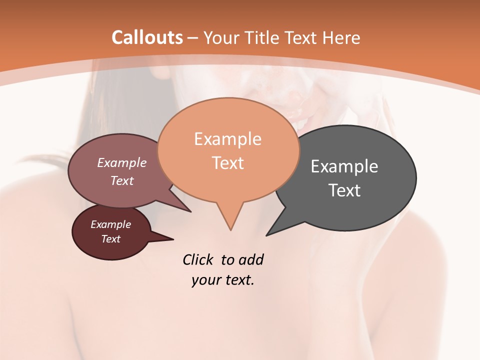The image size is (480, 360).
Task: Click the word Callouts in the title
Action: [x=147, y=37]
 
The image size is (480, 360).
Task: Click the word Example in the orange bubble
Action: [x=227, y=139]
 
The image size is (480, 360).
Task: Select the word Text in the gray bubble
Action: [x=344, y=190]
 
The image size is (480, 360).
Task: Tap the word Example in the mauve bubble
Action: [x=121, y=162]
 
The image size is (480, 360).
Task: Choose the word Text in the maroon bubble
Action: [x=110, y=239]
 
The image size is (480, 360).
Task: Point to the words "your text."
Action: [x=223, y=280]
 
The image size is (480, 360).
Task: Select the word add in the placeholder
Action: [x=250, y=259]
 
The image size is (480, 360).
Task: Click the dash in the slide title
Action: [x=193, y=37]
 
